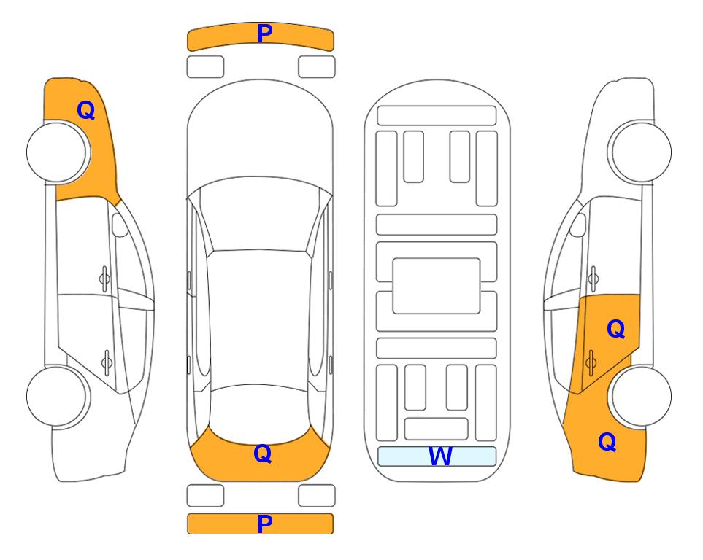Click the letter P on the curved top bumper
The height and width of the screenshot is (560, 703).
[265, 34]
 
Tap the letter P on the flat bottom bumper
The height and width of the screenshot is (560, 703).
[265, 524]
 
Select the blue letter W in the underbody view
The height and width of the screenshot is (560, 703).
[440, 456]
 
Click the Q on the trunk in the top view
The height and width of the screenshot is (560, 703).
[263, 454]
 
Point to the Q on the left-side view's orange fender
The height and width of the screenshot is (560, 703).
[86, 110]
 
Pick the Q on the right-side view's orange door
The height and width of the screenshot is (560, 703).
[616, 330]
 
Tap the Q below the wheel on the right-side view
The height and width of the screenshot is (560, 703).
[607, 442]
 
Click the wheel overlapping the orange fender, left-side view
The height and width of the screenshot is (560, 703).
[58, 152]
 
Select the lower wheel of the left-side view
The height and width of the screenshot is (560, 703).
[58, 397]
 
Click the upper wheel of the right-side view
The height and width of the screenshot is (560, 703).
[639, 152]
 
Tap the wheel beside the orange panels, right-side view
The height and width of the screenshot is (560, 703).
[639, 397]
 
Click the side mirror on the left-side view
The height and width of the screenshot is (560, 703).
[120, 225]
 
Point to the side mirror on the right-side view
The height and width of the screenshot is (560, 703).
[577, 225]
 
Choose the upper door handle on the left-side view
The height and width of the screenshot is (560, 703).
[104, 279]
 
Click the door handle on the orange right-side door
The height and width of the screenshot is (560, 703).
[591, 362]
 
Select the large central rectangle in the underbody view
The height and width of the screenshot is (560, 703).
[437, 286]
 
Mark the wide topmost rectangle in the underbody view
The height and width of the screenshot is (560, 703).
[437, 116]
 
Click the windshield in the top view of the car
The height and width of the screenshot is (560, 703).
[260, 214]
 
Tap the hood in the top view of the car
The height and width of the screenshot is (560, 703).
[260, 134]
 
